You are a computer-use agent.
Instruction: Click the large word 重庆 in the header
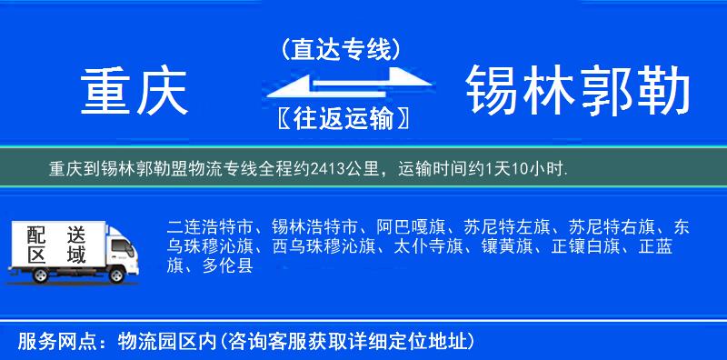[x=134, y=94]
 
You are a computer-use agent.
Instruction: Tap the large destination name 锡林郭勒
[x=578, y=94]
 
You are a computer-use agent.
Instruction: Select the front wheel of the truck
[x=117, y=273]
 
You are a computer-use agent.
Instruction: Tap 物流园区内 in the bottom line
[x=169, y=342]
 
